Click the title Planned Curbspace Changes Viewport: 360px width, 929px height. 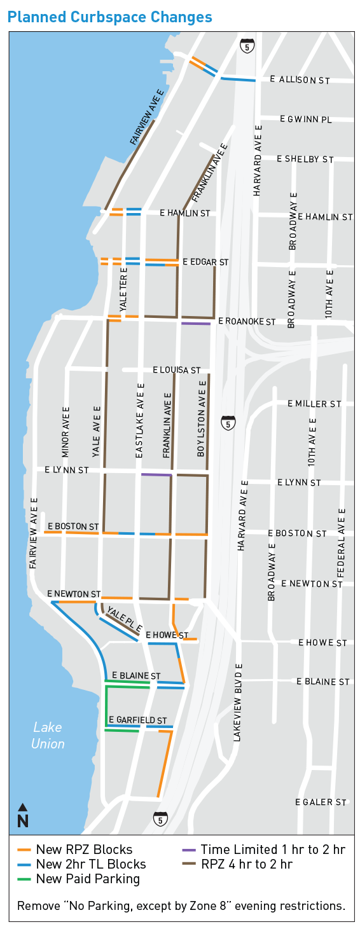[110, 18]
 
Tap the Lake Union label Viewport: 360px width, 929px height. [48, 735]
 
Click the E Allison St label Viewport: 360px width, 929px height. [300, 80]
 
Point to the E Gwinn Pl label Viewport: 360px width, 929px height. [306, 119]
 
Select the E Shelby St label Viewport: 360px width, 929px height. [305, 159]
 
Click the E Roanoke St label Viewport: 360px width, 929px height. [247, 322]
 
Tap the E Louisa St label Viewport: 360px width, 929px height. [177, 369]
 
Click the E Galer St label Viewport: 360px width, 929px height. [321, 802]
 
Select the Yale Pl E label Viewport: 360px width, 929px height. [124, 620]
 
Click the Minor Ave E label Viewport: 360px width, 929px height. [66, 432]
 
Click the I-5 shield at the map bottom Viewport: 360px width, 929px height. [160, 818]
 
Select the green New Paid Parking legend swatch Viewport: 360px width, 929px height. [25, 879]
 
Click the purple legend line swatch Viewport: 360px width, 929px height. [189, 850]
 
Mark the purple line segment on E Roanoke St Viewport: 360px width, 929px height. [195, 324]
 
